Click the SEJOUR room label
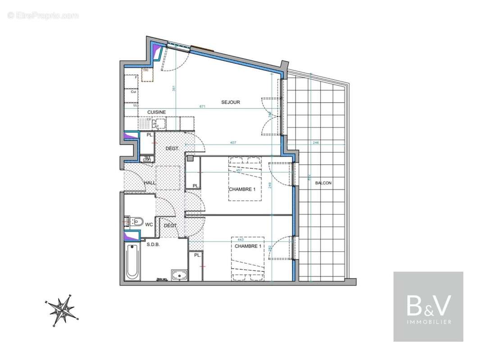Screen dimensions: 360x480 point(231,102)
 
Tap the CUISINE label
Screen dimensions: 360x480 point(156,112)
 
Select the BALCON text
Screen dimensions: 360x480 point(322,183)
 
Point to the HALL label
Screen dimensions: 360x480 point(149,183)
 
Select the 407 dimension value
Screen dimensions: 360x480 point(233,143)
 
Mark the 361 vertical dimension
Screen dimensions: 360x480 point(174,89)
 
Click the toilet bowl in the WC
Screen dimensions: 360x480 point(137,221)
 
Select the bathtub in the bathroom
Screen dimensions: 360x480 point(132,261)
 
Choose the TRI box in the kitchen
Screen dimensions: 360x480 point(148,74)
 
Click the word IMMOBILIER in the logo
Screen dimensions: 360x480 point(428,322)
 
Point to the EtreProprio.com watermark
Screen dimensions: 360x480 point(43,16)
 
